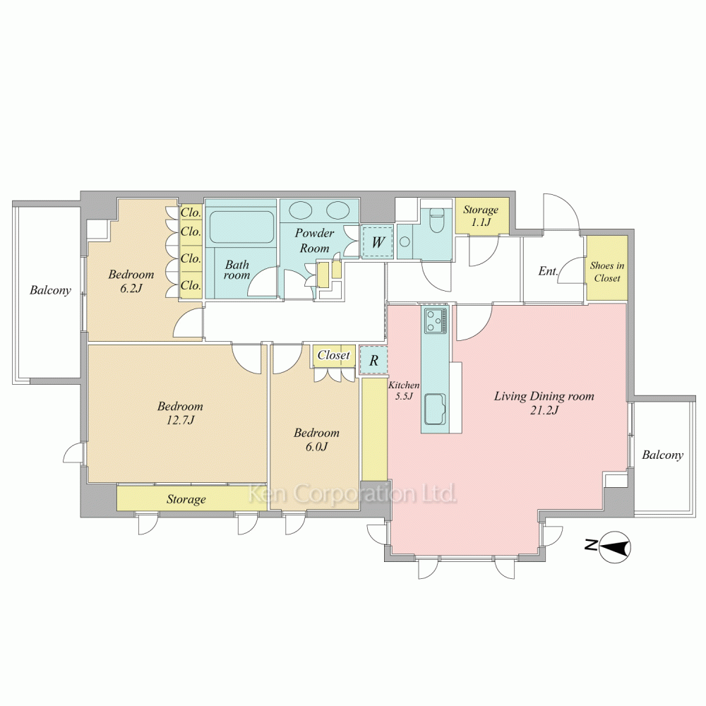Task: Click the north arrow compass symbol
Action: tap(615, 548)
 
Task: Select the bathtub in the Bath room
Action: tap(241, 227)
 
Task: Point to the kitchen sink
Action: tap(435, 409)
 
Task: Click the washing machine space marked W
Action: tap(377, 242)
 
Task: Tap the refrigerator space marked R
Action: tap(373, 360)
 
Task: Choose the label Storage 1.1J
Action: tap(481, 215)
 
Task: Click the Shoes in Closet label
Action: tap(607, 272)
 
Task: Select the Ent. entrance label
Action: tap(549, 271)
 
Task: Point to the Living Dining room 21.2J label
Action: tap(544, 403)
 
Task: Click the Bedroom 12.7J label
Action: tap(180, 413)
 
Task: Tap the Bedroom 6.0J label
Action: tap(316, 439)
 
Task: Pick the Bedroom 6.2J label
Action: tap(131, 281)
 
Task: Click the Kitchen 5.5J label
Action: tap(404, 390)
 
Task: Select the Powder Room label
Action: tap(315, 241)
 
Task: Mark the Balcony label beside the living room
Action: tap(662, 455)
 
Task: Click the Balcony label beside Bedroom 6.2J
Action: tap(50, 290)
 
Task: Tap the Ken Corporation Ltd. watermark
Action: tap(353, 493)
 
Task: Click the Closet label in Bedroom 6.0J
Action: tap(334, 355)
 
